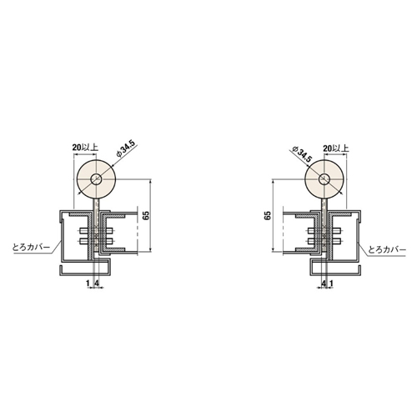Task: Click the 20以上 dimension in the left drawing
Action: [x=85, y=148]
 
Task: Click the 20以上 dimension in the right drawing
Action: [x=335, y=148]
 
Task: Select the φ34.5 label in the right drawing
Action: [x=301, y=155]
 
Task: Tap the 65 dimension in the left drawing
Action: [x=147, y=215]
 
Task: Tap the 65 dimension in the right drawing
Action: [x=268, y=216]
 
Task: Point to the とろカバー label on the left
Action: [x=31, y=247]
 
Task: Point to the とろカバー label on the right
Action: [x=387, y=249]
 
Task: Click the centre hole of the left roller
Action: [x=96, y=178]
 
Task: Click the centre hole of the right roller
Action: [x=324, y=179]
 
